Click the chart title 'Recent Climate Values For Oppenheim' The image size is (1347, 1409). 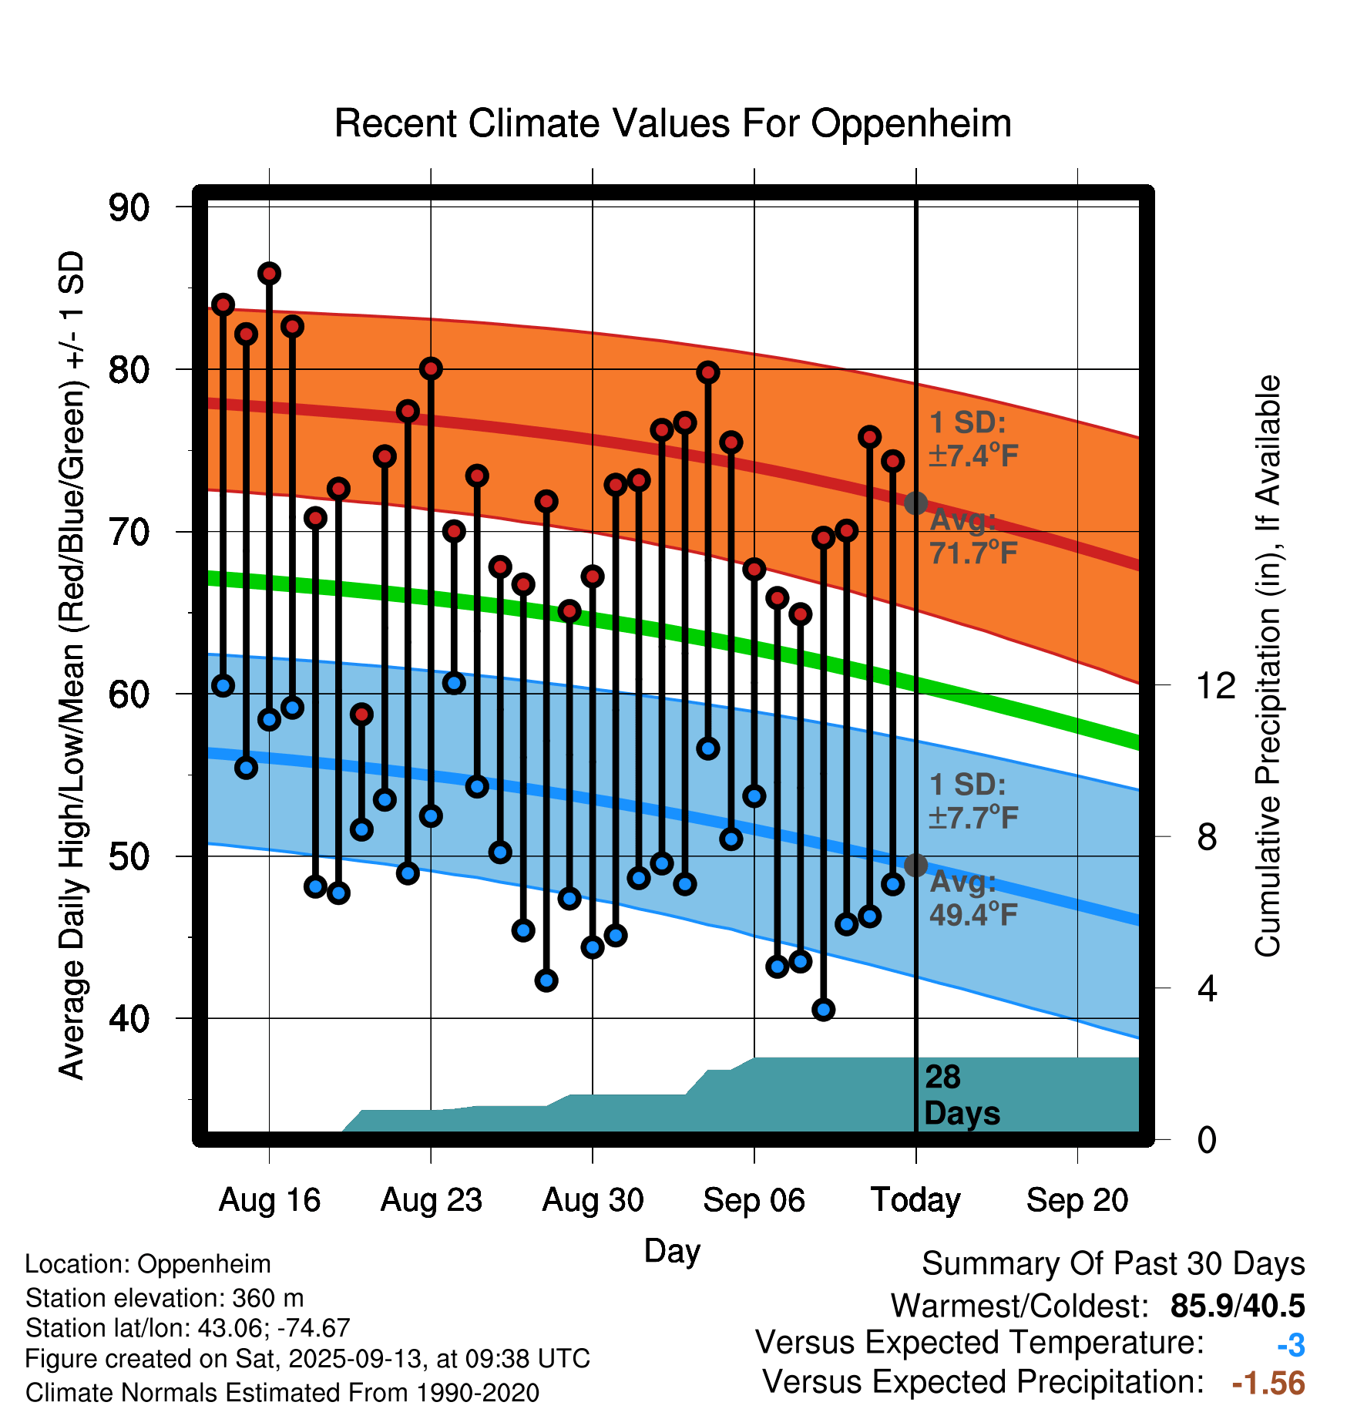point(673,123)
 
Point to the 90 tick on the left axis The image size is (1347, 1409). point(129,207)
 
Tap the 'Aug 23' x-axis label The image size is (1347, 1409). point(431,1200)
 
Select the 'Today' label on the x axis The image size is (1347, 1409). point(915,1200)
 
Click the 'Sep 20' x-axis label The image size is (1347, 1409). point(1077,1200)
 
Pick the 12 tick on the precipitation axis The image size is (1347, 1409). point(1215,685)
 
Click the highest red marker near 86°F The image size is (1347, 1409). point(269,274)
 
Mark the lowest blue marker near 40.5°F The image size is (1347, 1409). point(824,1010)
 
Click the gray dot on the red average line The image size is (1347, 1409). point(915,503)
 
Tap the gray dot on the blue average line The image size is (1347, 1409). point(915,866)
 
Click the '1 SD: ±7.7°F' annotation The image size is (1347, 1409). point(972,801)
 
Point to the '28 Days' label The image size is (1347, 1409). point(961,1095)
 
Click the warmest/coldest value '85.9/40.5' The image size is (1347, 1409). point(1237,1306)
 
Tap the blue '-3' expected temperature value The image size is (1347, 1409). point(1291,1345)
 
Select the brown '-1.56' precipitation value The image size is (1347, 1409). point(1268,1384)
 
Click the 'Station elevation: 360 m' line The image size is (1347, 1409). point(164,1298)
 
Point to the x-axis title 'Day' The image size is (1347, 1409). point(672,1251)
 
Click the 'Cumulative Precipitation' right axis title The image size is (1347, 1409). point(1268,667)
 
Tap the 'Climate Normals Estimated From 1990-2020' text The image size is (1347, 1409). point(282,1393)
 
